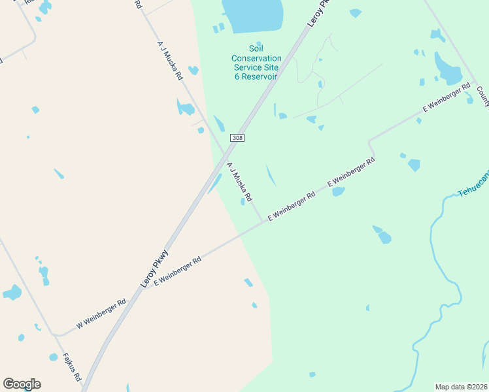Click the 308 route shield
[x=237, y=138]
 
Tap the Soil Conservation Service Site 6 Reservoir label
[x=256, y=63]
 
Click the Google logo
[x=22, y=384]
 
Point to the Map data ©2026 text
[x=461, y=387]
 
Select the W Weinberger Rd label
[x=101, y=314]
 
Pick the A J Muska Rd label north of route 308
[x=169, y=59]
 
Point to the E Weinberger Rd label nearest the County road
[x=447, y=99]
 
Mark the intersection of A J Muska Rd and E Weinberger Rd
[x=263, y=221]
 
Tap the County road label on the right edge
[x=483, y=95]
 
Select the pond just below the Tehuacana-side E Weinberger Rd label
[x=338, y=192]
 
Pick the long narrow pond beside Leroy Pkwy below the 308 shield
[x=214, y=184]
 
